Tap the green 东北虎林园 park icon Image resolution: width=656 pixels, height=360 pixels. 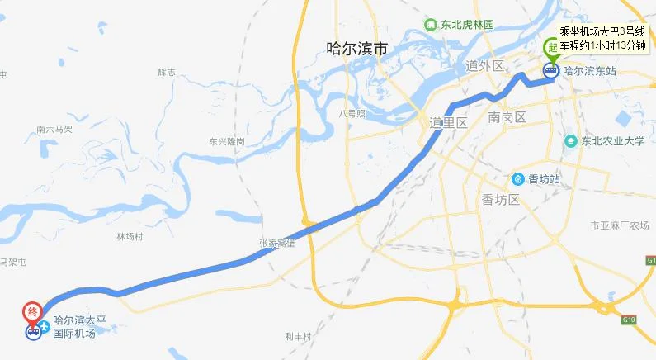pos(430,25)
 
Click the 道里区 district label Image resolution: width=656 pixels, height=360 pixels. pos(448,122)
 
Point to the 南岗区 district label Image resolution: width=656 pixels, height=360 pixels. pos(507,116)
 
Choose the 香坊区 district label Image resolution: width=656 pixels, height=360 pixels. pos(499,200)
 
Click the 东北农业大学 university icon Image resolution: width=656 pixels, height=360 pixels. pos(569,141)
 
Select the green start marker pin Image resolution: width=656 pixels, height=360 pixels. pos(550,49)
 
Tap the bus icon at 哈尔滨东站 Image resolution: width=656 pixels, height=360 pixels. pos(550,71)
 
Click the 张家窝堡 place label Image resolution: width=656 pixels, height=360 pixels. pos(276,243)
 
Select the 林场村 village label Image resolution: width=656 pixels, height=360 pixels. pos(130,236)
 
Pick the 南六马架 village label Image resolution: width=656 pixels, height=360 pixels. pos(54,129)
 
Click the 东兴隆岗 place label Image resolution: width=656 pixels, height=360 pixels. pos(226,141)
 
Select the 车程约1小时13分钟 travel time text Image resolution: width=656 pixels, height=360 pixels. pos(602,45)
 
